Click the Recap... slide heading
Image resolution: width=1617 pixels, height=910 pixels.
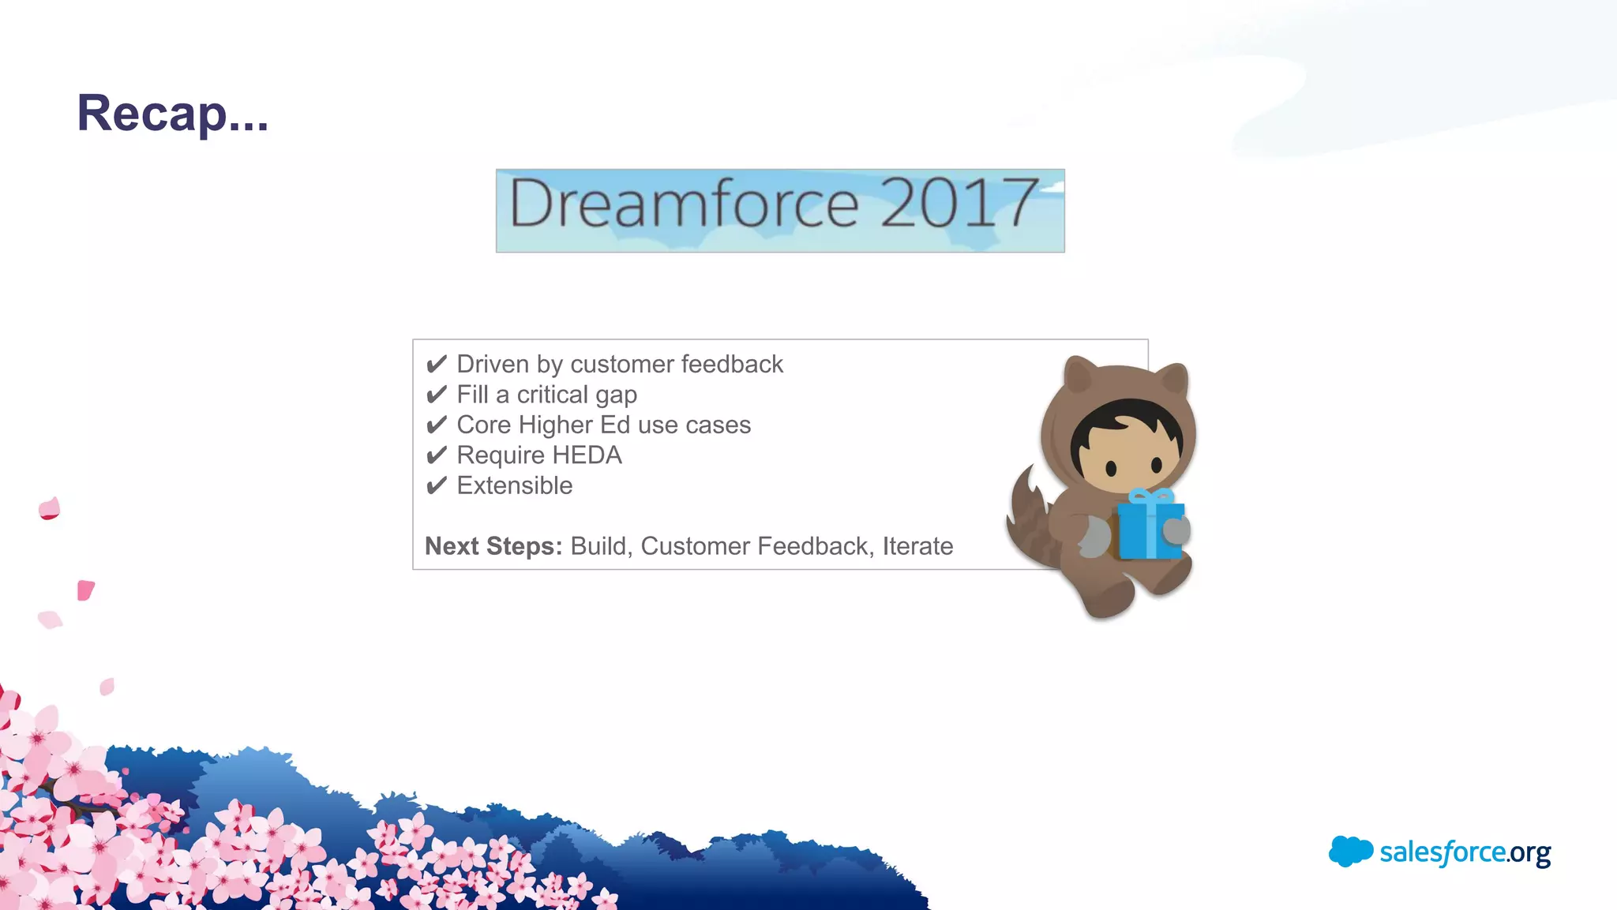[x=172, y=114]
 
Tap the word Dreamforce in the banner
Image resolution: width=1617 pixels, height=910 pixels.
[x=683, y=204]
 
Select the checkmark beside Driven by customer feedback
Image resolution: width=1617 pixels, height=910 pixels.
[x=436, y=365]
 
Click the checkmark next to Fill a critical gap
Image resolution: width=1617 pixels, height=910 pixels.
[x=436, y=395]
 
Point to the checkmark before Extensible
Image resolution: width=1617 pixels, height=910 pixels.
[x=436, y=485]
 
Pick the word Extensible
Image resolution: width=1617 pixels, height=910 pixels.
[x=515, y=485]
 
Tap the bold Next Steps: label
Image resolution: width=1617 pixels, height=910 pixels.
[x=493, y=546]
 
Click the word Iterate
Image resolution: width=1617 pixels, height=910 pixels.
[x=917, y=546]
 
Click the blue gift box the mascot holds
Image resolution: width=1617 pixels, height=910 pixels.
[x=1149, y=531]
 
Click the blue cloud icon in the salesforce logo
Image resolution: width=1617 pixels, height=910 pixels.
[x=1350, y=851]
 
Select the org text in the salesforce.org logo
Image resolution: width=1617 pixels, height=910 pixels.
[x=1529, y=853]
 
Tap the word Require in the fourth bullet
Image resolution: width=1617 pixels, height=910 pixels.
[x=501, y=455]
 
